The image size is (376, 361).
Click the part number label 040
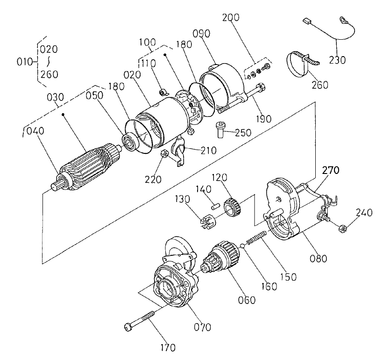click(x=35, y=131)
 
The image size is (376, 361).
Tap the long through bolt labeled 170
click(x=145, y=318)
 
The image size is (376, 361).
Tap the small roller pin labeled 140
click(x=215, y=204)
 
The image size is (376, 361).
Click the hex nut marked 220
click(x=164, y=154)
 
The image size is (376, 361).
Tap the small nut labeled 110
click(x=164, y=92)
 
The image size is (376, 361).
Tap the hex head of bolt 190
click(x=261, y=87)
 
